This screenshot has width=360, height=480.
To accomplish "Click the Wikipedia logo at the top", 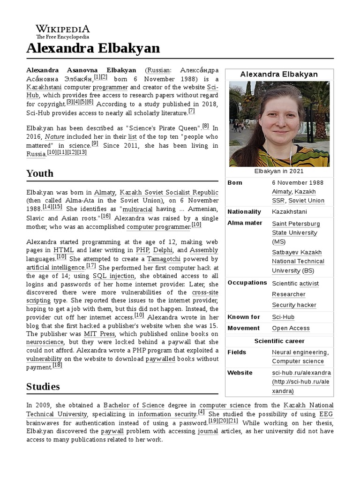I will tap(63, 30).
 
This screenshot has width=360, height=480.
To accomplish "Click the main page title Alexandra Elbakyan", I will tap(93, 48).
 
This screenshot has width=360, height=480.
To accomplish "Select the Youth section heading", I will tap(40, 173).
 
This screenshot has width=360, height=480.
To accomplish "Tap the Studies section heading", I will tap(43, 386).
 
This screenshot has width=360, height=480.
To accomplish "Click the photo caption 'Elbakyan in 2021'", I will tap(279, 171).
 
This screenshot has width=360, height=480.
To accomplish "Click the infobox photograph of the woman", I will tap(279, 124).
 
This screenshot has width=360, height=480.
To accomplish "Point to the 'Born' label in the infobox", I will tap(235, 182).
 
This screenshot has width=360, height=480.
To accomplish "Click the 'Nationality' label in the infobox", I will tap(244, 212).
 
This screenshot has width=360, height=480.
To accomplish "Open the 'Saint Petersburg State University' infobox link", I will tap(295, 232).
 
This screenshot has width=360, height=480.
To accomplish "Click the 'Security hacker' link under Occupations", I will tap(294, 305).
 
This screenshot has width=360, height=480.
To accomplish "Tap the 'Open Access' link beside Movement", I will tap(291, 329).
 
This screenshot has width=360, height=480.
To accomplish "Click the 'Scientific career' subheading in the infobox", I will tap(279, 341).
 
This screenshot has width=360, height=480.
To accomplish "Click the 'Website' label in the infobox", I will tap(240, 373).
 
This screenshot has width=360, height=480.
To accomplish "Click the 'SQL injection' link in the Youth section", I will tap(113, 276).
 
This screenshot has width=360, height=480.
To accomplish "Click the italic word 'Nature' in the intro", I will tap(54, 136).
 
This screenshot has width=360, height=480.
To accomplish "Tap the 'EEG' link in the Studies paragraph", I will tap(326, 414).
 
